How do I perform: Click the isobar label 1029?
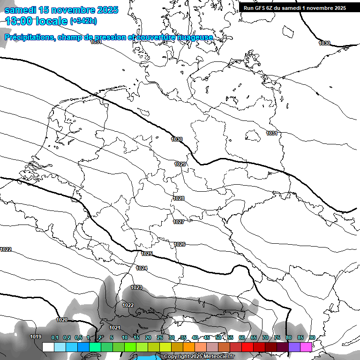point(180,164)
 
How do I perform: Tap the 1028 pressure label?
point(179,198)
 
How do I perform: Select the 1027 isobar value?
point(178,222)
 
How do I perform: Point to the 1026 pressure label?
point(180,244)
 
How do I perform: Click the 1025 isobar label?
point(147,254)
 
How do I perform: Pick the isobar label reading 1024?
point(142,268)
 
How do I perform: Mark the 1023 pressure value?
point(136,287)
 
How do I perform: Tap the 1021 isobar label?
point(115,328)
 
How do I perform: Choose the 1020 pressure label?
point(62,320)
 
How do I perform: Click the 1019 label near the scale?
point(36,337)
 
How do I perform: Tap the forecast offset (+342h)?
point(83,21)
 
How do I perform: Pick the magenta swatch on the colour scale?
point(306,347)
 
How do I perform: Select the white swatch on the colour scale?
point(48,347)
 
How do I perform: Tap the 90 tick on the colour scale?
point(312,337)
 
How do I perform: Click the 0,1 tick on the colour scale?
point(54,337)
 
